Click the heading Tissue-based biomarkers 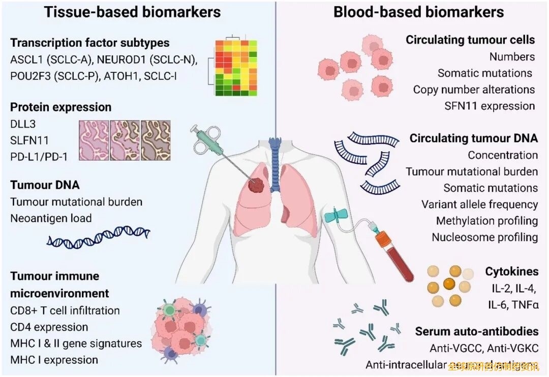(133, 12)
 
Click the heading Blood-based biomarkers (418, 12)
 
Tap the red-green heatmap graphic (234, 66)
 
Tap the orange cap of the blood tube (383, 237)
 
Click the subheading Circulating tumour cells (470, 40)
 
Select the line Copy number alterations (474, 90)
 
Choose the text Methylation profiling (487, 221)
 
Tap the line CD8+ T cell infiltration (65, 310)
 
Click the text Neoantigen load (51, 218)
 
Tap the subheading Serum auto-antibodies (477, 331)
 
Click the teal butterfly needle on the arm (335, 218)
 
